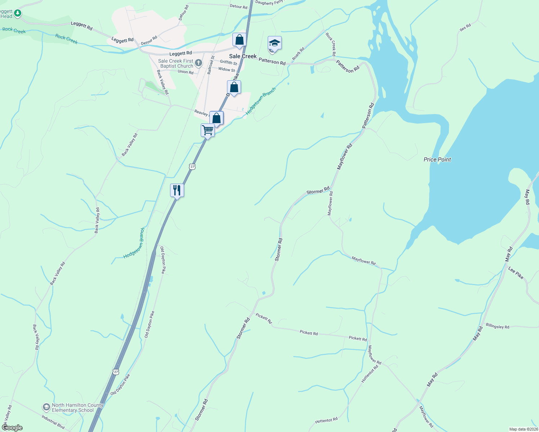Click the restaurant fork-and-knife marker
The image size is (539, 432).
point(177,190)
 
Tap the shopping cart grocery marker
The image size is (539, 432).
point(208,130)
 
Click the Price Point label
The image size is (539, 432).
point(437,159)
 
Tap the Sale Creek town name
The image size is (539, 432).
point(243,56)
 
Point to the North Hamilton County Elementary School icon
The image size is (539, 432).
point(46,408)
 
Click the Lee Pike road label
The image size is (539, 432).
point(516,273)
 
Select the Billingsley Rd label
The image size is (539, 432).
point(497,326)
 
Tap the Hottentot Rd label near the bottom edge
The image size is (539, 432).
point(326,420)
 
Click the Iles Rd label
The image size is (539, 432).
point(465,28)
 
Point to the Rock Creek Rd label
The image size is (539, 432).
point(331,44)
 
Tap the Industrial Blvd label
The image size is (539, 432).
point(53,422)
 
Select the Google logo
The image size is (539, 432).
point(12,428)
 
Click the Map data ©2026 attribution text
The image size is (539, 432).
point(523,429)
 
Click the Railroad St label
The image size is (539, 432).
point(211,65)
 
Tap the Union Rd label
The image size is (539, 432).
point(186,72)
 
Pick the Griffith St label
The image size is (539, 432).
point(228,63)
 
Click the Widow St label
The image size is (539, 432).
point(227,69)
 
